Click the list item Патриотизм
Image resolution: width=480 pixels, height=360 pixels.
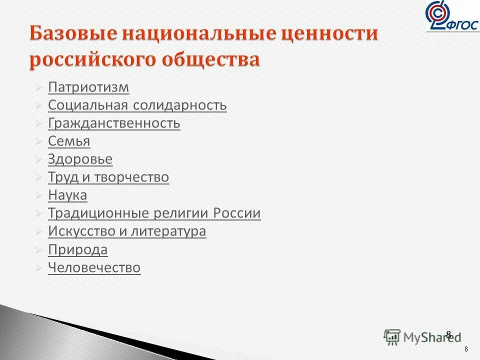pyautogui.click(x=88, y=87)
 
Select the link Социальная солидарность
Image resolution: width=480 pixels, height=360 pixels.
pyautogui.click(x=137, y=105)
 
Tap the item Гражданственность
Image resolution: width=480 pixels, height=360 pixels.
pyautogui.click(x=114, y=123)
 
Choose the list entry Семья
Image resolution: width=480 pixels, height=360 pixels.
pyautogui.click(x=69, y=141)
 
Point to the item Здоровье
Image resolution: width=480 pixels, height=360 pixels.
pyautogui.click(x=80, y=159)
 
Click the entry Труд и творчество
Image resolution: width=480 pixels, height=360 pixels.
pyautogui.click(x=108, y=177)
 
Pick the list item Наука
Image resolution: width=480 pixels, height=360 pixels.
pyautogui.click(x=67, y=195)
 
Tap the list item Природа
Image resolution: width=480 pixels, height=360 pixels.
pyautogui.click(x=77, y=249)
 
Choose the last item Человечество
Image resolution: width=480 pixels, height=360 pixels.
pyautogui.click(x=94, y=267)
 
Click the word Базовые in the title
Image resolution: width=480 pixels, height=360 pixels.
pyautogui.click(x=72, y=35)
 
